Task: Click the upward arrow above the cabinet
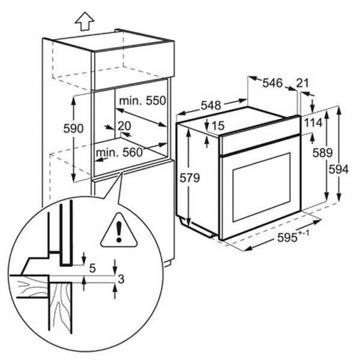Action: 85,22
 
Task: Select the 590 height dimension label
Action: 73,128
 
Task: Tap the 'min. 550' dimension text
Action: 142,101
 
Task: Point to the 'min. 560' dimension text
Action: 119,152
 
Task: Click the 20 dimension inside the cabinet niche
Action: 124,126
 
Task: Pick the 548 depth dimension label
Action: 211,106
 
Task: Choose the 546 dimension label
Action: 272,83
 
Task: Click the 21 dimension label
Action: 302,83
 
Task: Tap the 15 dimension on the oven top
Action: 218,125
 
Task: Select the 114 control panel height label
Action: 313,123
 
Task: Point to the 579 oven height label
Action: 190,178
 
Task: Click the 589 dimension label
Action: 322,153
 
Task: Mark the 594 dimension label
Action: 338,170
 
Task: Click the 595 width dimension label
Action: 293,237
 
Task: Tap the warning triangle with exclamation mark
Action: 119,230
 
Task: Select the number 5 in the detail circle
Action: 92,268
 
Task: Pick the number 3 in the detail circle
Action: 121,279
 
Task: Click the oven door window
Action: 262,188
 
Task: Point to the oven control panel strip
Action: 260,137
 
